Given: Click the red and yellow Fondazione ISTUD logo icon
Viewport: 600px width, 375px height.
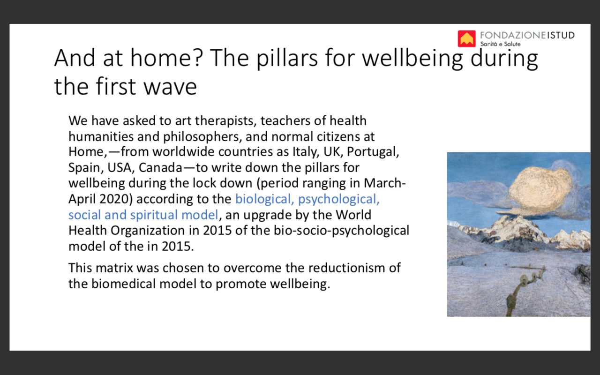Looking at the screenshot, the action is click(466, 38).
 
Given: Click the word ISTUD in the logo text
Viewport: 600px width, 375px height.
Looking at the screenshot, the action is click(561, 35).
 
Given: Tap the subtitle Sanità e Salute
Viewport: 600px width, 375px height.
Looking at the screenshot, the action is click(500, 44).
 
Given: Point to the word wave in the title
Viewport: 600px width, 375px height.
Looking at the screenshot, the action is click(170, 87).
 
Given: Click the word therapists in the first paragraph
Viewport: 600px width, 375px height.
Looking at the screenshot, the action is click(226, 121).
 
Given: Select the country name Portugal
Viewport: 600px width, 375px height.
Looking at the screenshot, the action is click(373, 152).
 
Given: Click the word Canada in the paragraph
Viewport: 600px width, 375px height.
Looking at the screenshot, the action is click(160, 168).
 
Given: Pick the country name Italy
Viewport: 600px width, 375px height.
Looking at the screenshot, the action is click(306, 152).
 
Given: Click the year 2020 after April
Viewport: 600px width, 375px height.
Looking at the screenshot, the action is click(116, 199).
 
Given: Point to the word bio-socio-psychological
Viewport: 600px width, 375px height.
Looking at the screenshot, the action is click(341, 231).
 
